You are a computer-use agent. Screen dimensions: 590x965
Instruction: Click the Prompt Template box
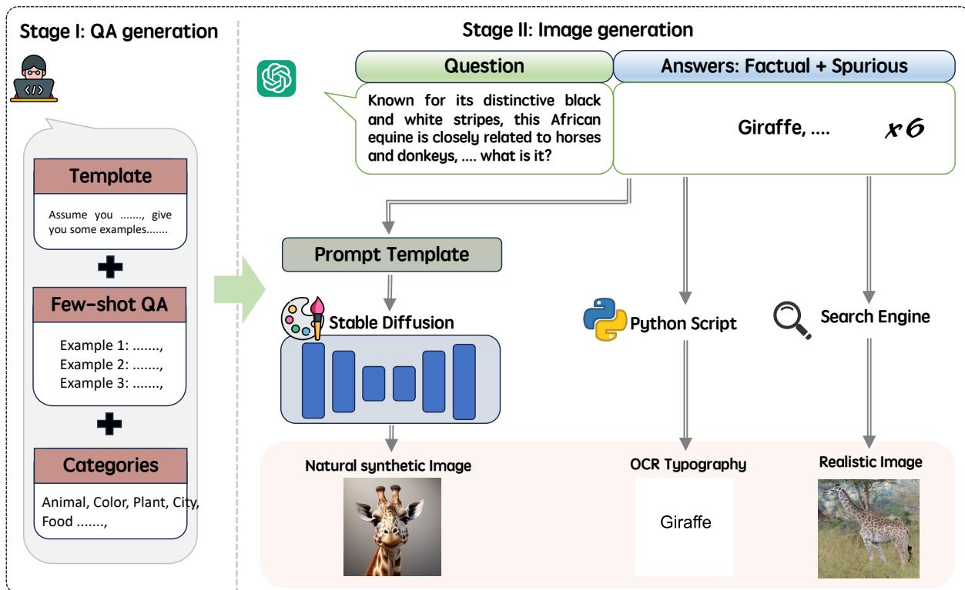(391, 255)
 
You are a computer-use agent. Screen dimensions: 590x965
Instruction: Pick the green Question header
(484, 67)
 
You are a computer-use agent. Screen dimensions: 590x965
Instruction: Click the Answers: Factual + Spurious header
(784, 67)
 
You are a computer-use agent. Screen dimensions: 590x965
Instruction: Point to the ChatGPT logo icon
(276, 78)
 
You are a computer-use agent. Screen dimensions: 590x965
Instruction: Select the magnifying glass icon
(791, 318)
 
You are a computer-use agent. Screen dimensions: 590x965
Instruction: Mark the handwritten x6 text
(903, 127)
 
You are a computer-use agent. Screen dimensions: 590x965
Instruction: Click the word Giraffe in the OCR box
(685, 523)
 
